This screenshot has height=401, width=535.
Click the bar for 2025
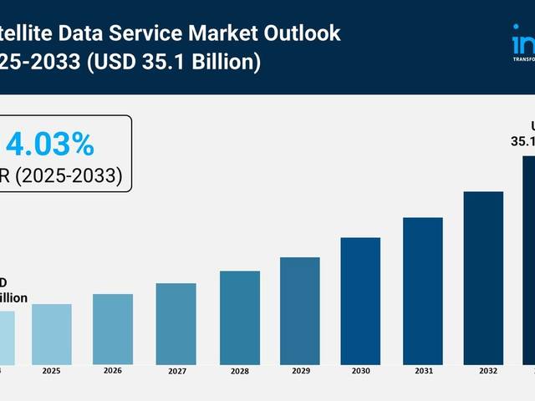(52, 334)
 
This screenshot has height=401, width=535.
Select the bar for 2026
(113, 329)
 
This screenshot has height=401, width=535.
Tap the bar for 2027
(176, 324)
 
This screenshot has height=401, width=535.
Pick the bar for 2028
(240, 317)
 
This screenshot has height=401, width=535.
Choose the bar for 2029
(299, 311)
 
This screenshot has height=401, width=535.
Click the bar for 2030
(360, 301)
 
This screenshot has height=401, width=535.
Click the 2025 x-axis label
(52, 370)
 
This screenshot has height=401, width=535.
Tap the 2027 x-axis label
(176, 371)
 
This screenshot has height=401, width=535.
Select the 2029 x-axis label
(299, 371)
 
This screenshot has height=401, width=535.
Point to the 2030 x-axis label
(360, 371)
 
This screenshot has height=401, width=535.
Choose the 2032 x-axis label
(483, 371)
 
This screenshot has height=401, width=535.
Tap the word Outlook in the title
(303, 33)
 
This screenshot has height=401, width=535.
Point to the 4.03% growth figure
(50, 145)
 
